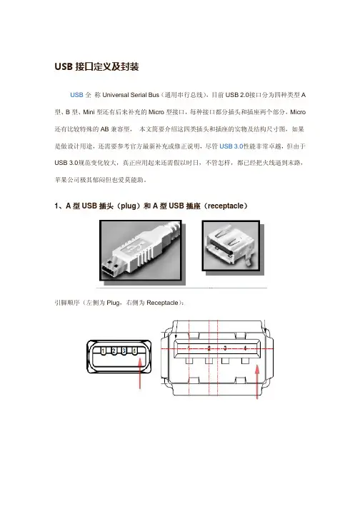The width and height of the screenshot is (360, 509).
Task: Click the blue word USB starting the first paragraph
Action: [x=76, y=95]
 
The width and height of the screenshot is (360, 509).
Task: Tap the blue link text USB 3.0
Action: [x=231, y=146]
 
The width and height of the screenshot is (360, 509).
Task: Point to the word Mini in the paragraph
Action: [x=89, y=112]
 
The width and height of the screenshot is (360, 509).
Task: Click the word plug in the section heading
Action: [x=129, y=206]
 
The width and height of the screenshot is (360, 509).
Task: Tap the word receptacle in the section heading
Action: [x=226, y=206]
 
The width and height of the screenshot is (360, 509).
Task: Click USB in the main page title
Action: [x=64, y=66]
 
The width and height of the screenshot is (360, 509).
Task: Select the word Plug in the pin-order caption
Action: [x=113, y=303]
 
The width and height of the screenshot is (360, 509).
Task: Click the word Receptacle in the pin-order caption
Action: [x=162, y=303]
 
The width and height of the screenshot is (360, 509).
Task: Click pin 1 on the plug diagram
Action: [x=104, y=351]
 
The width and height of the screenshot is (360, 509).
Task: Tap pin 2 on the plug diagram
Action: [x=114, y=351]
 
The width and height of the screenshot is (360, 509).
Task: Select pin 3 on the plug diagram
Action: [x=124, y=351]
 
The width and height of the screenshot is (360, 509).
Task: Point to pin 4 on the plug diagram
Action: [x=134, y=351]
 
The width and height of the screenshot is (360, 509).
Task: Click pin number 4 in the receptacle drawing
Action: [x=245, y=348]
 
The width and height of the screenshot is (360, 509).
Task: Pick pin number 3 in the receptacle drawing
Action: [x=225, y=348]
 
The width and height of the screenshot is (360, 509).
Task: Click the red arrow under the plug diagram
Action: [x=140, y=373]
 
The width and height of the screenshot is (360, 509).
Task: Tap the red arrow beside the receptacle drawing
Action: [x=257, y=382]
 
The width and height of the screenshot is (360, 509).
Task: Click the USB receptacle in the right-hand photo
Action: [x=229, y=246]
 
